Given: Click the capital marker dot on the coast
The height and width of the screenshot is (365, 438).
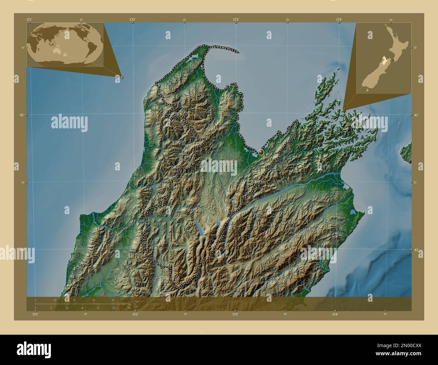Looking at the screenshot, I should coord(261,153).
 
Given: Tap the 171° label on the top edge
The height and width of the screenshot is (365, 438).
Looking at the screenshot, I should coord(29,20).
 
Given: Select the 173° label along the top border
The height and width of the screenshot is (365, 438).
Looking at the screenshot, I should coord(236,20).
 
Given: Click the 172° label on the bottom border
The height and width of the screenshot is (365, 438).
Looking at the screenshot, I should coord(135,314).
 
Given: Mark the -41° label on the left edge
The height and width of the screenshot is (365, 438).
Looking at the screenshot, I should coord(21,115).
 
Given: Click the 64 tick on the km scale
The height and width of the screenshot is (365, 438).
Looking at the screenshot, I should coord(114,300).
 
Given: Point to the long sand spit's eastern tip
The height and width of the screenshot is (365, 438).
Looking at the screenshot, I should coord(238,52).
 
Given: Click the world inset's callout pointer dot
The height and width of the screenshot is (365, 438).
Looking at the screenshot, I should coord(122,77).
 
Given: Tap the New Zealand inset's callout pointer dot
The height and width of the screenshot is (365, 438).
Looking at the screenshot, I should coord(343,110).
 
